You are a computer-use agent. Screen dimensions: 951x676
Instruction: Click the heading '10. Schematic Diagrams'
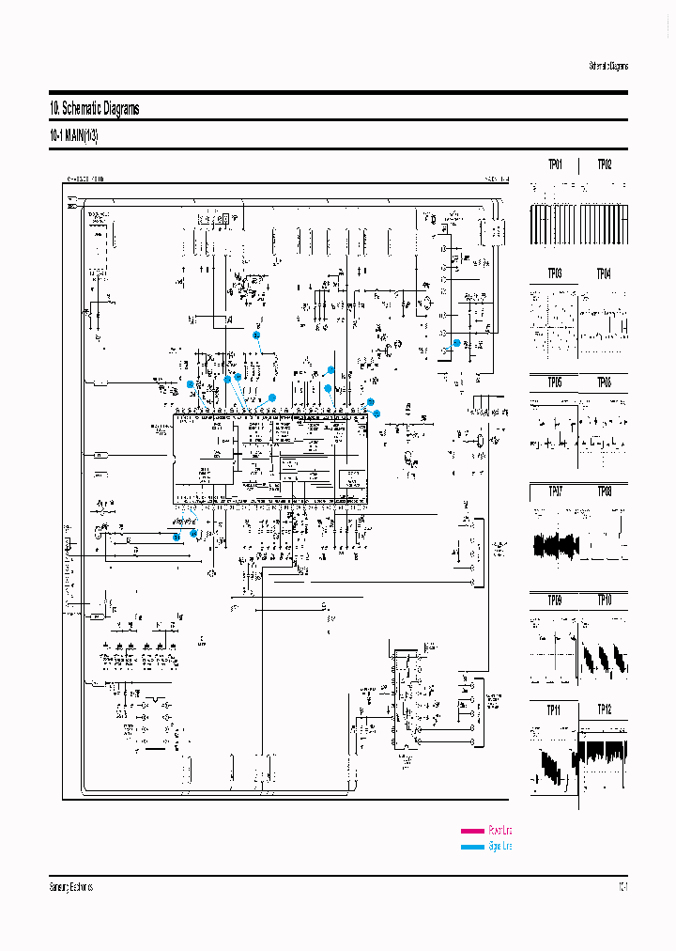[94, 109]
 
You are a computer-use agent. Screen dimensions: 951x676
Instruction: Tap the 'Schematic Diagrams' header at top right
[608, 66]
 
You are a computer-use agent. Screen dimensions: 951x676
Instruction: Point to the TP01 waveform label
[556, 164]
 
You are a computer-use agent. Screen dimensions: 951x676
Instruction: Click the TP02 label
[604, 164]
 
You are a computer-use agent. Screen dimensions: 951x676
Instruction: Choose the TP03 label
[556, 273]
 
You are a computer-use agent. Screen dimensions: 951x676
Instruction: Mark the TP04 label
[604, 273]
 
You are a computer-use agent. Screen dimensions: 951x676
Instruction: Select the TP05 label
[556, 382]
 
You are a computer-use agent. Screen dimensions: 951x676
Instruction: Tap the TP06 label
[604, 382]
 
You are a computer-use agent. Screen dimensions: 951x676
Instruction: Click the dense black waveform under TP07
[556, 546]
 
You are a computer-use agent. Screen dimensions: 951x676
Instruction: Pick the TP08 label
[604, 491]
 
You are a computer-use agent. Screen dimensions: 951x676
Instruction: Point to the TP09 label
[556, 599]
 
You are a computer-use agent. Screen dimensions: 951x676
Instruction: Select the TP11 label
[556, 709]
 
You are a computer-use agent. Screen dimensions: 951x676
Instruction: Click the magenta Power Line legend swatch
[472, 831]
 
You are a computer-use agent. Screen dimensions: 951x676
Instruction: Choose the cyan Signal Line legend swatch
[472, 847]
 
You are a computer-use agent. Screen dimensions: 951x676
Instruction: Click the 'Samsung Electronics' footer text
[70, 887]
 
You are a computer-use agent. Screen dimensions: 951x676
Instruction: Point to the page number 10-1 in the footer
[622, 887]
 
